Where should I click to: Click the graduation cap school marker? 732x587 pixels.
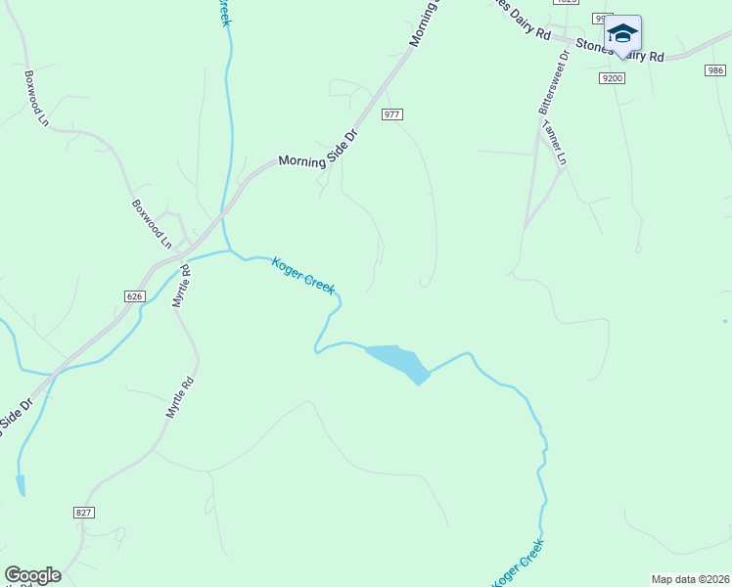point(622,34)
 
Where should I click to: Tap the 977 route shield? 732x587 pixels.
point(392,114)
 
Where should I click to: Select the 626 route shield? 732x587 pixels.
point(135,295)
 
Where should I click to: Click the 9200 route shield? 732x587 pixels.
point(613,77)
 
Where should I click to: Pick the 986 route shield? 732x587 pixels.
point(715,70)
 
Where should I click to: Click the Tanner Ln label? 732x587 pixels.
point(555,145)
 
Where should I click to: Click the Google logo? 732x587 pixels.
point(32,575)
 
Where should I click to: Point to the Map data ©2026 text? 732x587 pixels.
point(691,579)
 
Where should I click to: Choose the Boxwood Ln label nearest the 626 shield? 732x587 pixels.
point(152,224)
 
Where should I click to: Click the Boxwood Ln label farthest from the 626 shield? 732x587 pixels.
point(36,98)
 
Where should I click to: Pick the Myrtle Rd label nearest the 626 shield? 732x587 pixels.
point(182,287)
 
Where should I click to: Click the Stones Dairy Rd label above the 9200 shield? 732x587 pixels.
point(620,51)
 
